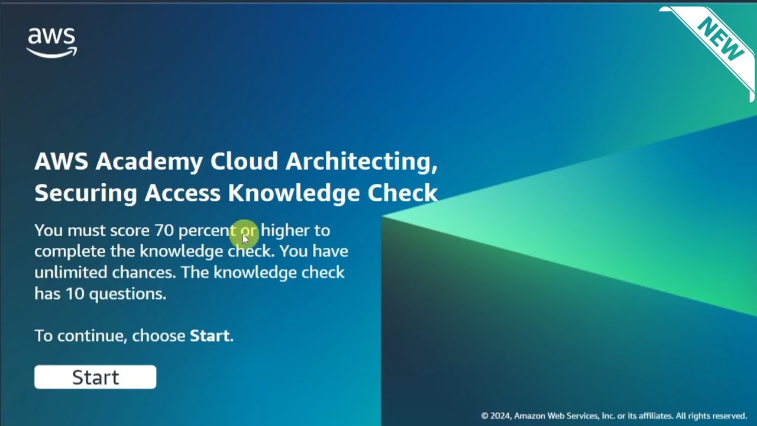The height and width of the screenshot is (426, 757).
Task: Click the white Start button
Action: coord(95,377)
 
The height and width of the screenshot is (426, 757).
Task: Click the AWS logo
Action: coord(52,43)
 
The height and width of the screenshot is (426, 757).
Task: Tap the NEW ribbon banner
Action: coord(720,39)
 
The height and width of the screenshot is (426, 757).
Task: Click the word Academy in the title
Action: coord(149,162)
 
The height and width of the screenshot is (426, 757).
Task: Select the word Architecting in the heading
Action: coord(361,162)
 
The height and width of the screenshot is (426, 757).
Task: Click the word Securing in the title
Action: coord(85,193)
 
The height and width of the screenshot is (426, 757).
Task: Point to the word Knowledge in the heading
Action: coord(295,193)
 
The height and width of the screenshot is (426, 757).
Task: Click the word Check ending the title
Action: coord(403,193)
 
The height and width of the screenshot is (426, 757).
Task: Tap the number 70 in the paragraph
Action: coord(164,230)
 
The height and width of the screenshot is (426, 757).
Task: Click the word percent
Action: coord(207,231)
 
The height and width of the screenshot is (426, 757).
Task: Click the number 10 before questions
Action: coord(75,293)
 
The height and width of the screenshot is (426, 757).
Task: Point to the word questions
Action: coord(128,294)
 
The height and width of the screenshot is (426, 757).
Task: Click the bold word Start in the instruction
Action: coord(209,336)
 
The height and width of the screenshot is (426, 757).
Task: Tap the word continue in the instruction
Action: coord(92,336)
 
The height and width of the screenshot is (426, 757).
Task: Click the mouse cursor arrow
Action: coord(245,238)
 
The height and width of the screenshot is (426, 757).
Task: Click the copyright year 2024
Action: coord(500,416)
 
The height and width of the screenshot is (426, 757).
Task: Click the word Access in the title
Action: coord(183,193)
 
